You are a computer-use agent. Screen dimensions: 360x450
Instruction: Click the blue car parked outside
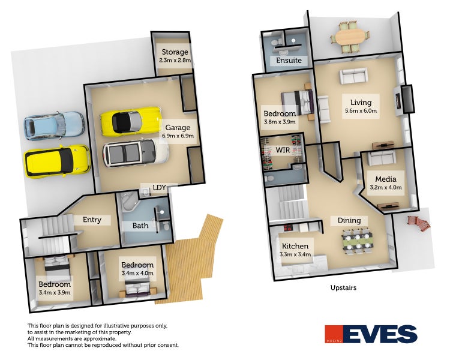[53, 125]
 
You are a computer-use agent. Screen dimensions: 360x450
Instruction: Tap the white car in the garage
[134, 153]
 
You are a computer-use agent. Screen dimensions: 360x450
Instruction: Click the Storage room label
[174, 52]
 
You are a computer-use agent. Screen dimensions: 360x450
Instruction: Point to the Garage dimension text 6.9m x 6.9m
[178, 136]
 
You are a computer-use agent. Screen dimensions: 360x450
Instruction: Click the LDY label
[159, 188]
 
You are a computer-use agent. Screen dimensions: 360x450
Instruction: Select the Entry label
[92, 220]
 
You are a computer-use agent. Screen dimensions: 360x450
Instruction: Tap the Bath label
[140, 226]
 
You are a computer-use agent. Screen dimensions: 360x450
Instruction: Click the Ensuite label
[289, 61]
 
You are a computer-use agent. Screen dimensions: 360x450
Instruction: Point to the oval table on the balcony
[352, 36]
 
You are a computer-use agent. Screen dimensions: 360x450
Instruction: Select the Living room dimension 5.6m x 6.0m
[361, 111]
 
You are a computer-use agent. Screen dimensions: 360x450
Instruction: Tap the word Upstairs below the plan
[343, 288]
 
